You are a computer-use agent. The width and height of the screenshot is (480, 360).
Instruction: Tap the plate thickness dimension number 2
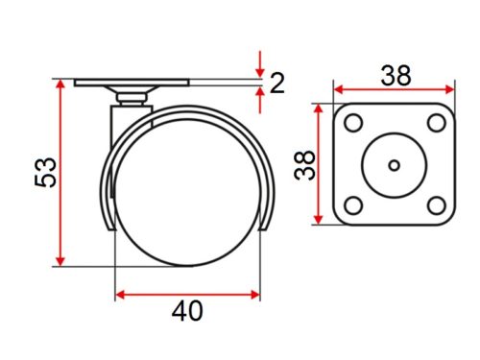(277, 84)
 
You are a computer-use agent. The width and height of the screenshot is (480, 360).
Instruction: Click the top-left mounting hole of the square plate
(352, 124)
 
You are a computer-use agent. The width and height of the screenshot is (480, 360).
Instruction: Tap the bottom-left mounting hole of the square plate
(352, 205)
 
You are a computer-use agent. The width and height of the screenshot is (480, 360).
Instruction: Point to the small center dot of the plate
(394, 165)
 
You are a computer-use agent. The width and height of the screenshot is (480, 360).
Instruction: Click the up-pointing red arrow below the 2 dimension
(260, 95)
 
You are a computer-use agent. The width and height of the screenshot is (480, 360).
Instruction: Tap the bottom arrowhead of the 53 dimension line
(61, 260)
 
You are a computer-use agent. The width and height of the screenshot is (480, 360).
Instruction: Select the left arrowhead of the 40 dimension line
(122, 294)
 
